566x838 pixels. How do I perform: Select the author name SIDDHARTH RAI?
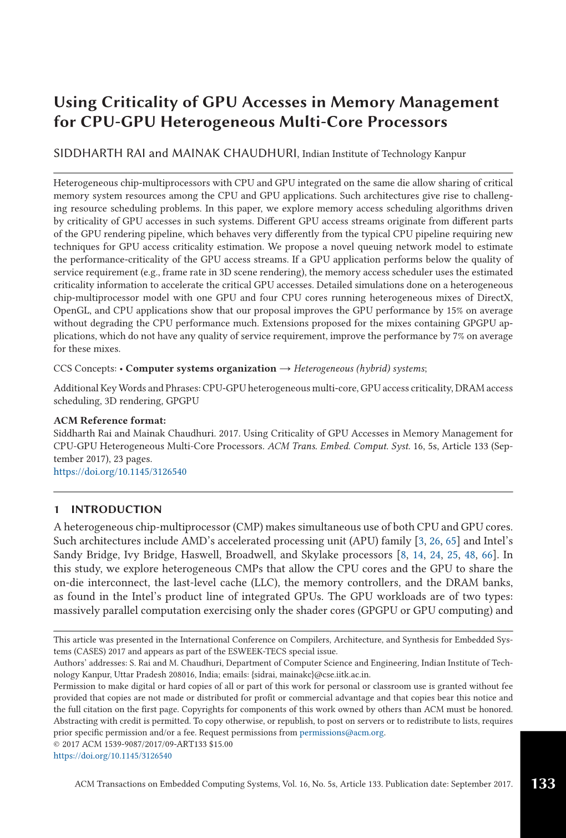tap(99, 154)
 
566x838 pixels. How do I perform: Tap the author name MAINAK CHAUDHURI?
tap(235, 154)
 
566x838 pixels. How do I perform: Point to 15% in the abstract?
tap(455, 311)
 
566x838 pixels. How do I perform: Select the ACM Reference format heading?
tap(109, 420)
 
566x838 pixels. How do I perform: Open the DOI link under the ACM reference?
tap(120, 472)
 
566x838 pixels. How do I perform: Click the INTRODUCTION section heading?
tap(117, 510)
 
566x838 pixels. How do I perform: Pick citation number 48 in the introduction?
tap(470, 555)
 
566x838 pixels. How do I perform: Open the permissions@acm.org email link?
tap(342, 733)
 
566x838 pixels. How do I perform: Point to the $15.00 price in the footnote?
tap(221, 744)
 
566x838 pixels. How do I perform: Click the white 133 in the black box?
tap(543, 784)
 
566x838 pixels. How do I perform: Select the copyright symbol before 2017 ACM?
tap(57, 744)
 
